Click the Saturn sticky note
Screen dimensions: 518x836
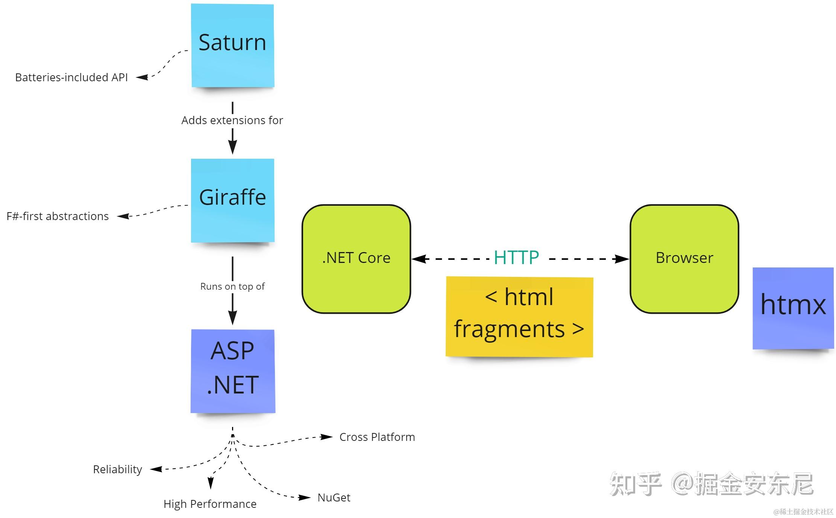[x=232, y=45]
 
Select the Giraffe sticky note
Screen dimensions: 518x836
[x=232, y=200]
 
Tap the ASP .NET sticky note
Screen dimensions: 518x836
[x=232, y=371]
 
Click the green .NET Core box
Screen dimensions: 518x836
[x=356, y=259]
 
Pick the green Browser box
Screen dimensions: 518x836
[x=684, y=259]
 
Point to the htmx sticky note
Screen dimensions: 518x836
[x=793, y=308]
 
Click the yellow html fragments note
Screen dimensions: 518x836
[x=519, y=317]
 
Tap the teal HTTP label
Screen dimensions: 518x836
[x=516, y=258]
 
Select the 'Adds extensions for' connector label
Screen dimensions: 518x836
[x=232, y=120]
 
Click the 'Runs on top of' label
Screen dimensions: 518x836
[x=232, y=287]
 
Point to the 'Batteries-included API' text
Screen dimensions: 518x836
[x=71, y=77]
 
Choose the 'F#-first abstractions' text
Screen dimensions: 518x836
[x=58, y=216]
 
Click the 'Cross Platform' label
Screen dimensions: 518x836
[x=377, y=437]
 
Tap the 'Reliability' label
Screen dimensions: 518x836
[x=117, y=469]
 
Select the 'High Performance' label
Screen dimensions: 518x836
[x=210, y=504]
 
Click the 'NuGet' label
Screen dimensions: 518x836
[x=334, y=498]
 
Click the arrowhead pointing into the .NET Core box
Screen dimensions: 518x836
[x=419, y=259]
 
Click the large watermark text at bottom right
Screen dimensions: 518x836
[x=711, y=484]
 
